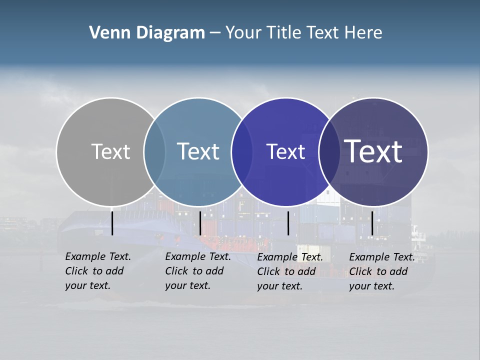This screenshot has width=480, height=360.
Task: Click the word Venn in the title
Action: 107,33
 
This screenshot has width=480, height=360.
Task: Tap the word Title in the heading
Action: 283,33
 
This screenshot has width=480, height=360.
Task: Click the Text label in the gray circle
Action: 110,151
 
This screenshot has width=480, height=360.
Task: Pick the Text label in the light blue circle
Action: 198,151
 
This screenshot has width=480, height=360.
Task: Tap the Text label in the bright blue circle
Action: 285,151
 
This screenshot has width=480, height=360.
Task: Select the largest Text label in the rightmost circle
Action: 373,151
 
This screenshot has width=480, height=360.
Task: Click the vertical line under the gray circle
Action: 112,223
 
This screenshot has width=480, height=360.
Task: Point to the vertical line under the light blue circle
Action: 200,223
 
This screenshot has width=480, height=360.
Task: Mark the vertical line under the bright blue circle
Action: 288,223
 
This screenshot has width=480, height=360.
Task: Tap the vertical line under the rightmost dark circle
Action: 372,223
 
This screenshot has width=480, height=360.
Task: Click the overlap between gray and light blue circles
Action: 154,151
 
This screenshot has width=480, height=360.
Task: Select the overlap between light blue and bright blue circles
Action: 242,151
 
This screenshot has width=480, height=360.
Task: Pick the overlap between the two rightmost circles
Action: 329,151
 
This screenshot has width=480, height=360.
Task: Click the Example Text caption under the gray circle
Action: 97,271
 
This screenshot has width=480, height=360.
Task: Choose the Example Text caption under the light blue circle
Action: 197,271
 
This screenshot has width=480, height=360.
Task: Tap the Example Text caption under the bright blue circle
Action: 289,271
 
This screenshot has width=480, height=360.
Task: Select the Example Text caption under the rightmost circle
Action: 381,271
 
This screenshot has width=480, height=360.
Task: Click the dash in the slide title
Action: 214,33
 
